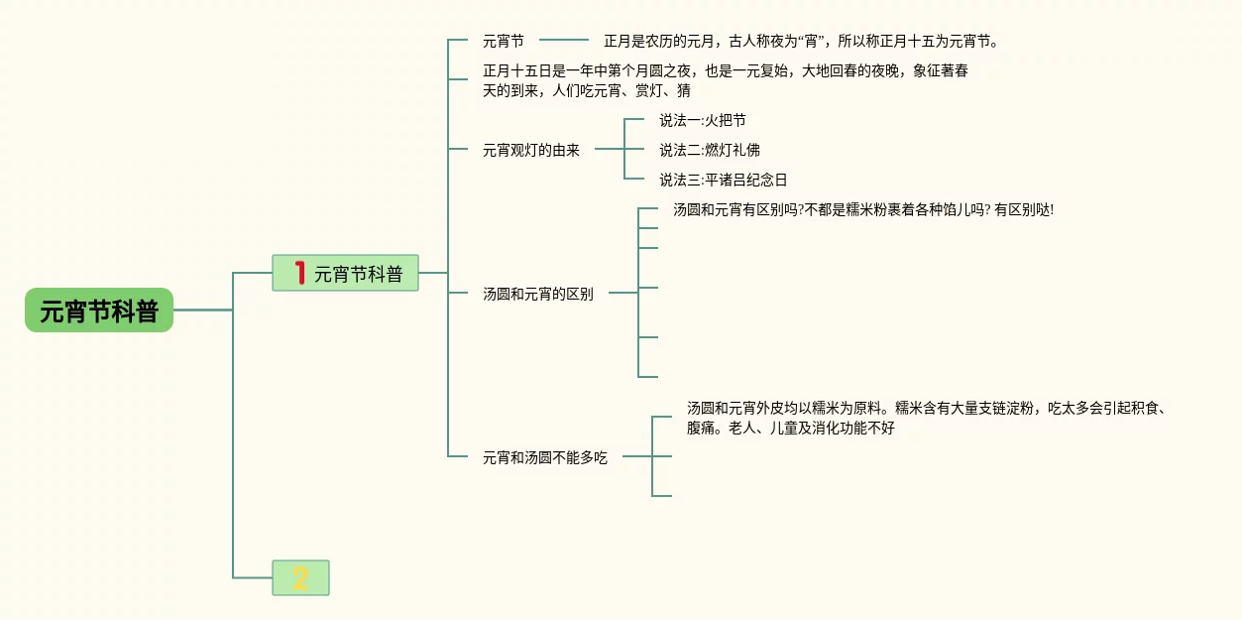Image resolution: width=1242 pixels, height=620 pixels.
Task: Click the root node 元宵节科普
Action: pyautogui.click(x=99, y=310)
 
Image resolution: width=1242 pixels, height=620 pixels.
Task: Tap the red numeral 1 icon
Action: pyautogui.click(x=299, y=272)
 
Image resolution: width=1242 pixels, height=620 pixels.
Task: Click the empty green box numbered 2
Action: pyautogui.click(x=300, y=577)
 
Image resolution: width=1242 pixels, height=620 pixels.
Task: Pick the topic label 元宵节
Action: pyautogui.click(x=504, y=42)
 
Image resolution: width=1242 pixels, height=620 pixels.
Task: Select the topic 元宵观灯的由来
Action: pyautogui.click(x=531, y=151)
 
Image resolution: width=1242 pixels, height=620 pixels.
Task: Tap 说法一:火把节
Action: pyautogui.click(x=703, y=121)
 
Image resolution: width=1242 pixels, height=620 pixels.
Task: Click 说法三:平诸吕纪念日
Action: pyautogui.click(x=724, y=181)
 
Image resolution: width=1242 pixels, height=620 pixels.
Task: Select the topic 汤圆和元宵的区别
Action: pyautogui.click(x=538, y=294)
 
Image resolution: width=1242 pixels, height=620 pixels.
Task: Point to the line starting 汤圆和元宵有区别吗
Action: pyautogui.click(x=862, y=210)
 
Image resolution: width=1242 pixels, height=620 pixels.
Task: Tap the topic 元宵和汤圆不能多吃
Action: pyautogui.click(x=545, y=458)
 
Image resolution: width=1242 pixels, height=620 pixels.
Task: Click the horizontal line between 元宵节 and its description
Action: pyautogui.click(x=564, y=41)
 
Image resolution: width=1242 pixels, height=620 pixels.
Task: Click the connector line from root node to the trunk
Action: pyautogui.click(x=203, y=310)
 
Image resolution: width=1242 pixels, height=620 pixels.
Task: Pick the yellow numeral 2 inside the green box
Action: pyautogui.click(x=300, y=577)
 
